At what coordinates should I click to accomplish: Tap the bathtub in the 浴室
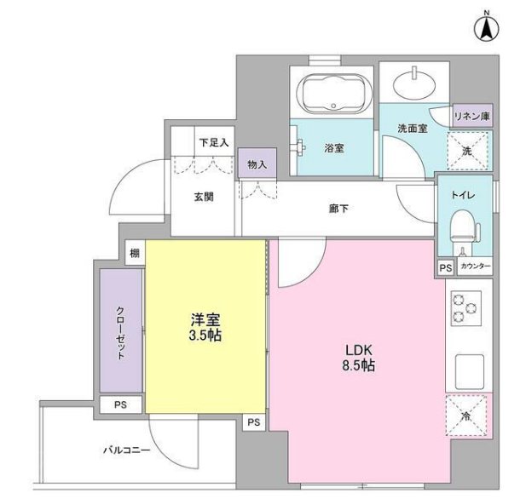tap(332, 93)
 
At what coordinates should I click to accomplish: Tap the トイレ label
tap(465, 194)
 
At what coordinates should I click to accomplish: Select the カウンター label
tap(475, 267)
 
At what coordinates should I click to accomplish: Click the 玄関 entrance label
tap(203, 197)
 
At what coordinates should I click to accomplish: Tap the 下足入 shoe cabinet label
tap(214, 142)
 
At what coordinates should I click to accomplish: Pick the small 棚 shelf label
tap(134, 252)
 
